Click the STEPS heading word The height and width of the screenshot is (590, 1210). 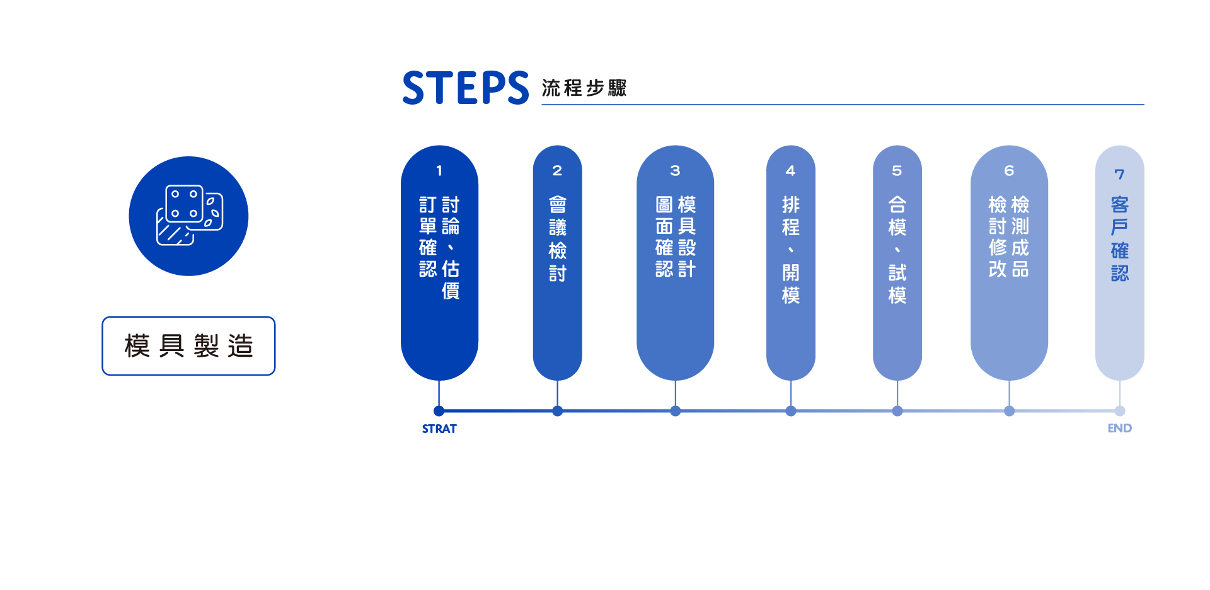click(x=465, y=88)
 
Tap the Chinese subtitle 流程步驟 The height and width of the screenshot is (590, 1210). click(x=584, y=88)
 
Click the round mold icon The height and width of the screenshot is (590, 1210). click(x=188, y=216)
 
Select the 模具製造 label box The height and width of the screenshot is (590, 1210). click(x=188, y=346)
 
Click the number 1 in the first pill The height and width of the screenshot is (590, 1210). click(x=439, y=171)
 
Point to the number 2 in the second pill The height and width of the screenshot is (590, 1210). click(x=557, y=171)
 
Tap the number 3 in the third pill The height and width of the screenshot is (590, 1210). click(x=675, y=171)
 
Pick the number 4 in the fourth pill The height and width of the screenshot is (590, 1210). click(x=790, y=171)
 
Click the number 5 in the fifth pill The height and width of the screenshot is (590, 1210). click(x=897, y=171)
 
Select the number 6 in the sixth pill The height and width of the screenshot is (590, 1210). click(x=1009, y=171)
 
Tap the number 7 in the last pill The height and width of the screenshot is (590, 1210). click(x=1119, y=174)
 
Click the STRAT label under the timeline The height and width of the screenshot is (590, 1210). click(x=439, y=429)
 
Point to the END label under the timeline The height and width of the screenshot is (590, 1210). click(x=1119, y=428)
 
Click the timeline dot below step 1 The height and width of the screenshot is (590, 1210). click(x=439, y=411)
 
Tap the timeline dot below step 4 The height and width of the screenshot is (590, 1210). click(x=791, y=411)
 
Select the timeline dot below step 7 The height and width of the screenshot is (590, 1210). click(x=1120, y=411)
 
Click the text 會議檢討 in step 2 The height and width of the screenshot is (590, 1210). click(x=557, y=239)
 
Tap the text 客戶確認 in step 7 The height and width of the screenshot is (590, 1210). click(x=1119, y=239)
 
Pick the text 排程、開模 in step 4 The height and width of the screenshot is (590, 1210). click(x=790, y=250)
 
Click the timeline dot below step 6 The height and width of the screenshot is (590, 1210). click(x=1010, y=411)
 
